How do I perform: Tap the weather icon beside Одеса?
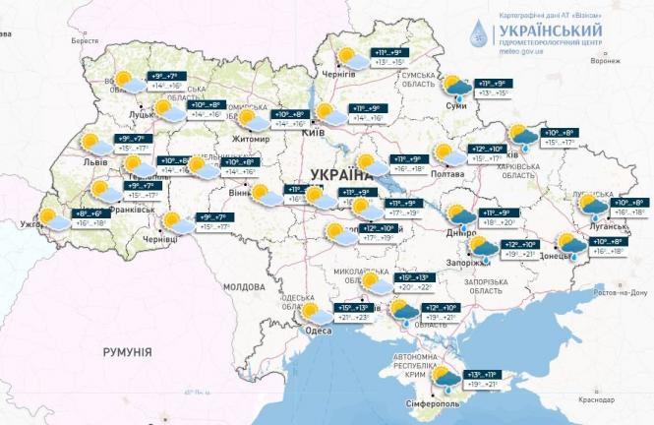316,314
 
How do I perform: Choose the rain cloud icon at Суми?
453,88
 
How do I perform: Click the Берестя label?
87,41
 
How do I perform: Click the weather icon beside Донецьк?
570,244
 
